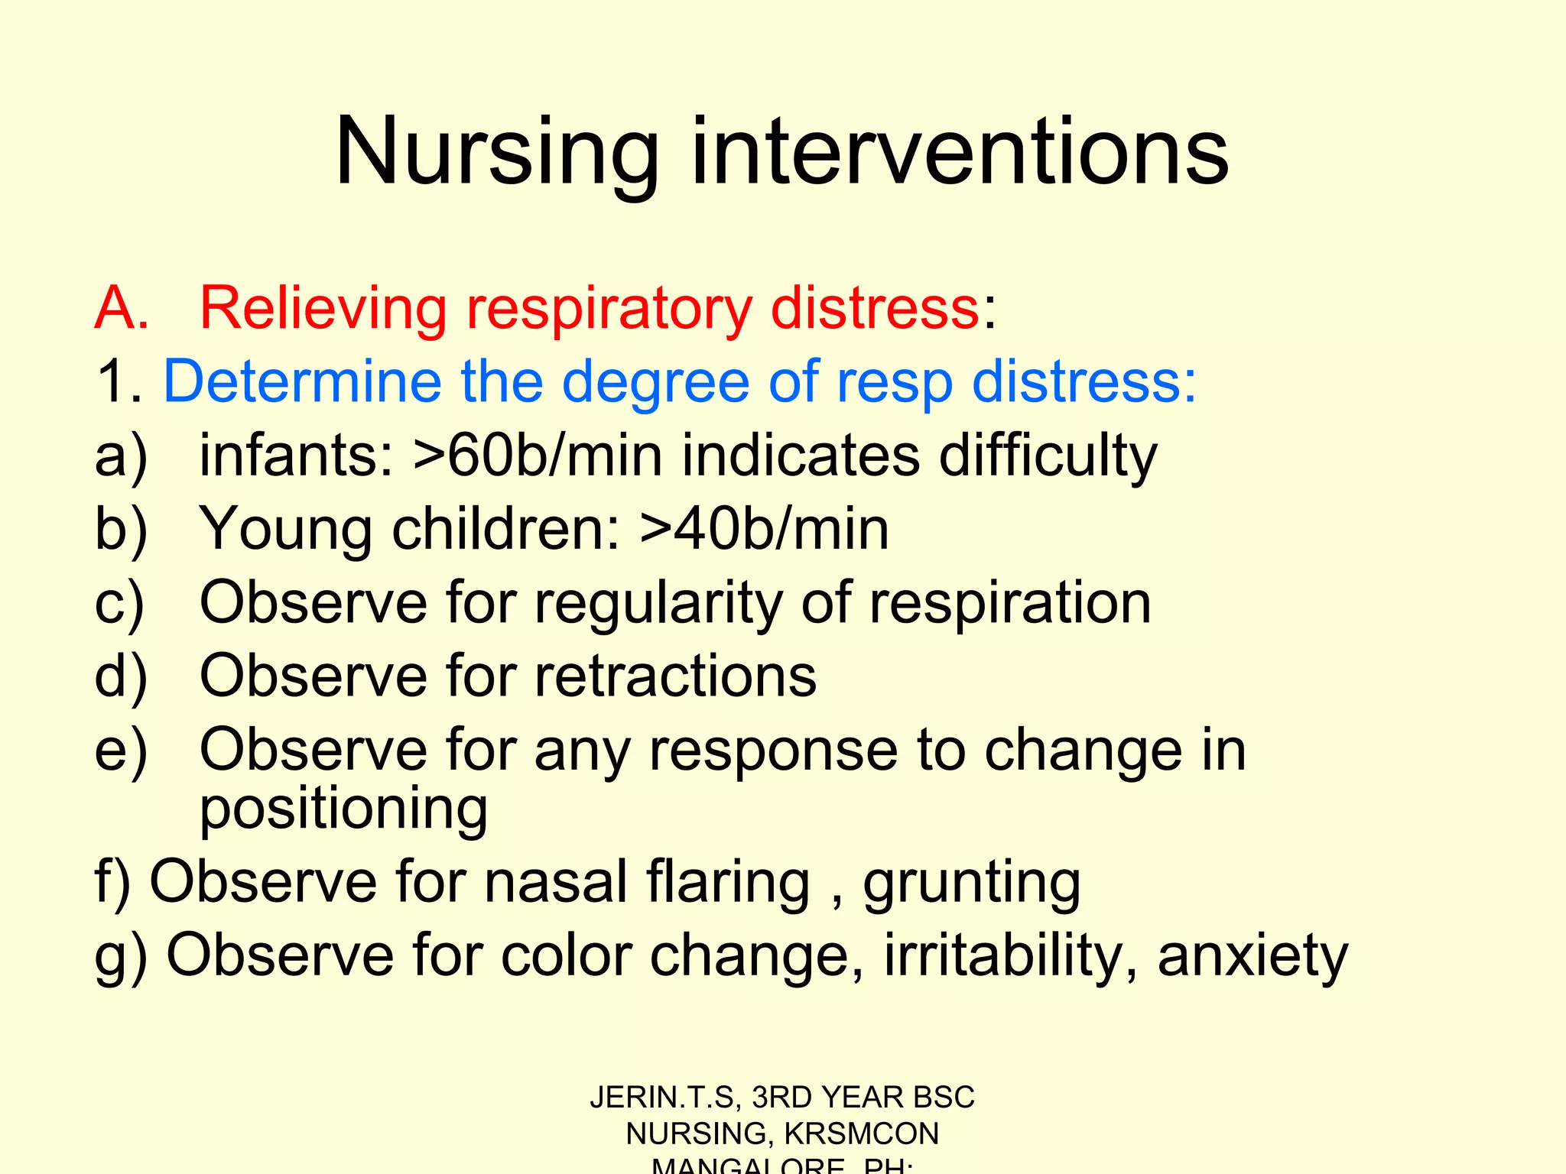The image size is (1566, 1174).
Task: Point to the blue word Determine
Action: point(302,381)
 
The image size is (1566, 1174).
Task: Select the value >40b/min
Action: point(765,529)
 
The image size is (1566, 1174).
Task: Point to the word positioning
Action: point(343,810)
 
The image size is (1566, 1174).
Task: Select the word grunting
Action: point(971,884)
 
